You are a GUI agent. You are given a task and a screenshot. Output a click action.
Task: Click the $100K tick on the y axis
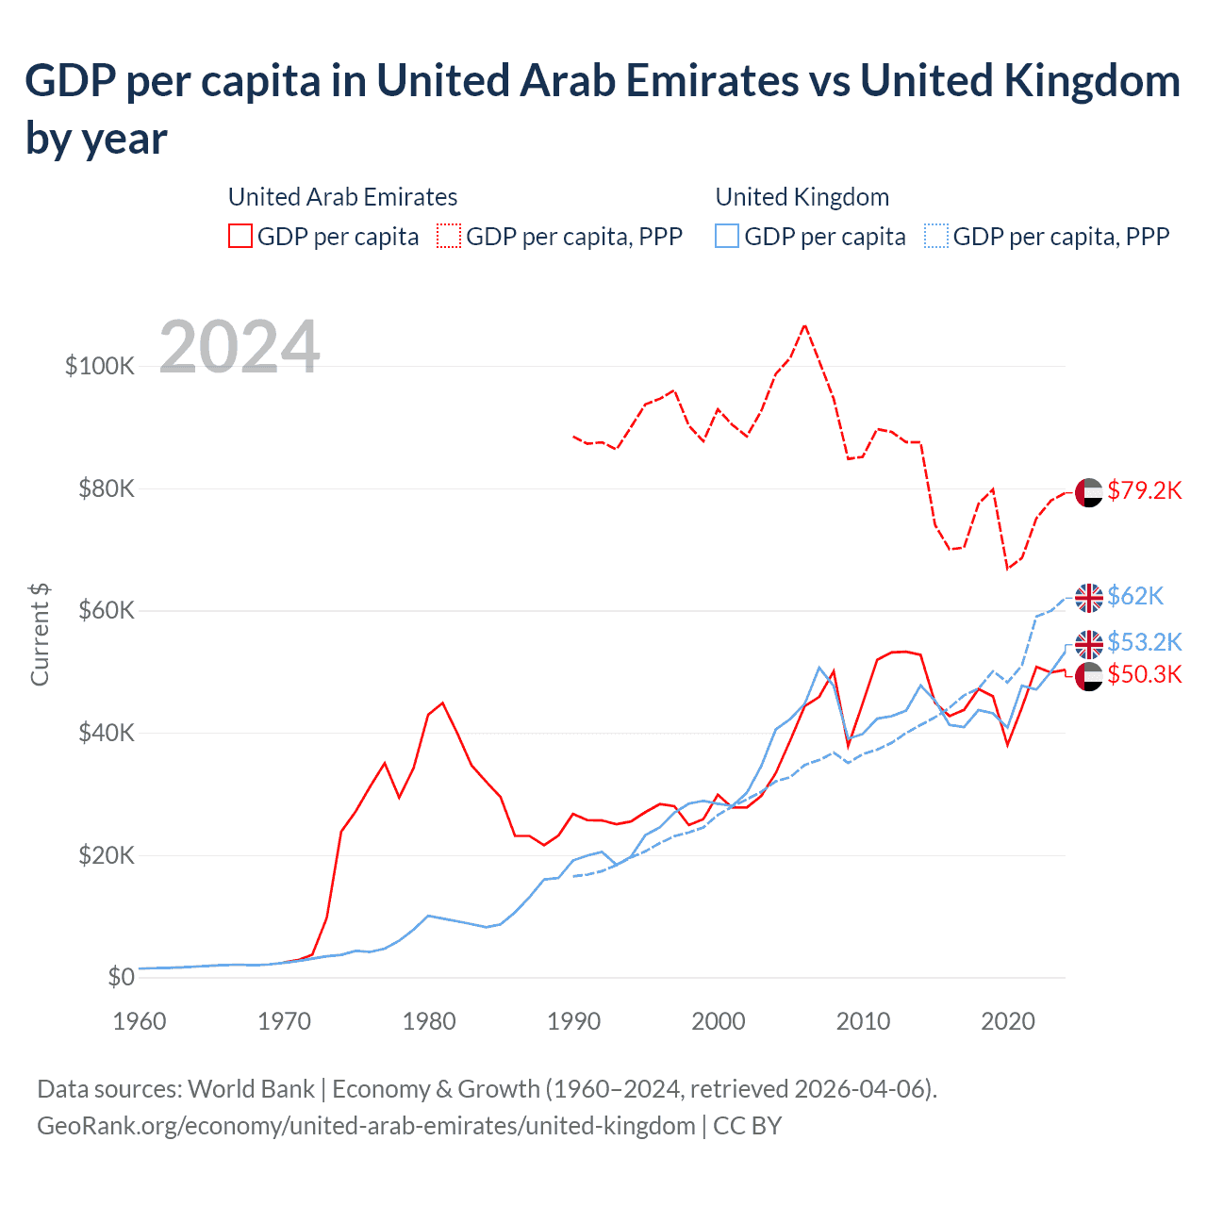point(100,366)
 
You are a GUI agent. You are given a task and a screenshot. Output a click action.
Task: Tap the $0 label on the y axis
point(121,977)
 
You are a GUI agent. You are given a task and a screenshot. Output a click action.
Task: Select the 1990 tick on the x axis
point(573,1021)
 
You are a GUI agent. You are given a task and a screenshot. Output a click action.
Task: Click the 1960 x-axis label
point(140,1021)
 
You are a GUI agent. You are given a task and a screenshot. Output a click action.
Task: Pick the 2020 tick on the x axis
point(1008,1021)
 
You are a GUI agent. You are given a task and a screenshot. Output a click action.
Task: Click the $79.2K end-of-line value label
point(1144,490)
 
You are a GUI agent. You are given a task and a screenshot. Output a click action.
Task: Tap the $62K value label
point(1135,596)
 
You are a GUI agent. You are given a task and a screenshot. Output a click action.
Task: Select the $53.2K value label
point(1144,642)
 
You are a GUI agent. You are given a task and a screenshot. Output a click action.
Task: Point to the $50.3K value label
point(1144,674)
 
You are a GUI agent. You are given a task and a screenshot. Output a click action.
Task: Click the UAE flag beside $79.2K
point(1089,492)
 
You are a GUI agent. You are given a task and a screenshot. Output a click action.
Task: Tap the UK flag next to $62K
point(1089,598)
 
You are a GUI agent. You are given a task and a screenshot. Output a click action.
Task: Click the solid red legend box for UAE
point(240,236)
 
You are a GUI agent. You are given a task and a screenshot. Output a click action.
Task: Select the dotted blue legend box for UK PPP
point(936,236)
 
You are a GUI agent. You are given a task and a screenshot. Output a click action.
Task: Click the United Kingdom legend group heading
point(802,197)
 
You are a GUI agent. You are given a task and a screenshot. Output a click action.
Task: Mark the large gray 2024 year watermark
point(240,347)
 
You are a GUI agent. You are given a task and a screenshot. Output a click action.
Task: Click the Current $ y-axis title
point(40,634)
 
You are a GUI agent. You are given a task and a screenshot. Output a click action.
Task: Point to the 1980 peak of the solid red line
point(442,703)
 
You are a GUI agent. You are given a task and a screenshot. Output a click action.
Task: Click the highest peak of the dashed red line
point(804,325)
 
